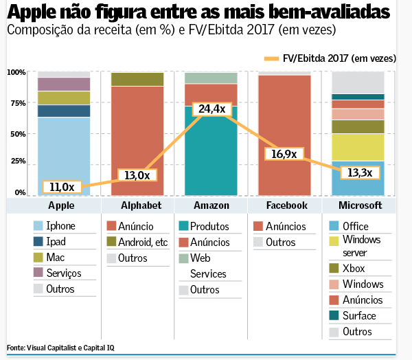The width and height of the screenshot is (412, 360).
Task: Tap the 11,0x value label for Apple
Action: tap(62, 186)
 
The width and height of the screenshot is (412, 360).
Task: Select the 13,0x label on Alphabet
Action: tap(136, 175)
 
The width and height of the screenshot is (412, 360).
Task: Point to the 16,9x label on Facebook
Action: tap(284, 154)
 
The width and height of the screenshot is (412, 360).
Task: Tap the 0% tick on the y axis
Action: tap(20, 192)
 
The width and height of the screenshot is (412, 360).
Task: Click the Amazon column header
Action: tap(211, 205)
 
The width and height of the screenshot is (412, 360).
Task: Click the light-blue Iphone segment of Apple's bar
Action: tap(64, 155)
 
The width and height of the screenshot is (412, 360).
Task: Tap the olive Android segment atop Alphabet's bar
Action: tap(137, 79)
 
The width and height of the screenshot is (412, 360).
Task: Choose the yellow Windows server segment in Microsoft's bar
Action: tap(358, 146)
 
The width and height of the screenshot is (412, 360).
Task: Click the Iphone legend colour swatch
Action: tap(38, 226)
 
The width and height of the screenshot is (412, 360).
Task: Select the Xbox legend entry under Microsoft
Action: tap(351, 268)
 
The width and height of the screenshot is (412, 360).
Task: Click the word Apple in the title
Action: tap(33, 13)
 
